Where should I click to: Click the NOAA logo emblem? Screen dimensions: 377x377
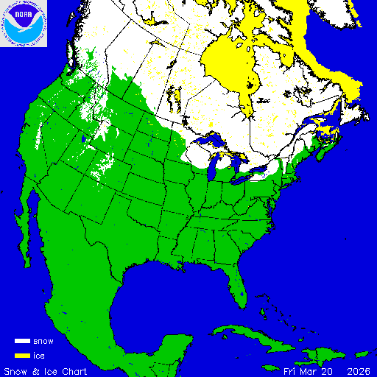[x=24, y=24]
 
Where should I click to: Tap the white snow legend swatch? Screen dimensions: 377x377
[x=23, y=342]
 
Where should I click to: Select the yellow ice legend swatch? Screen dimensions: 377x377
[x=23, y=355]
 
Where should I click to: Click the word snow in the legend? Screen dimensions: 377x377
[x=43, y=342]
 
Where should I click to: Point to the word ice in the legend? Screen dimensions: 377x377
[x=40, y=355]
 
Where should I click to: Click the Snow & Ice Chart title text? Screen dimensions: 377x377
[x=46, y=370]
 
